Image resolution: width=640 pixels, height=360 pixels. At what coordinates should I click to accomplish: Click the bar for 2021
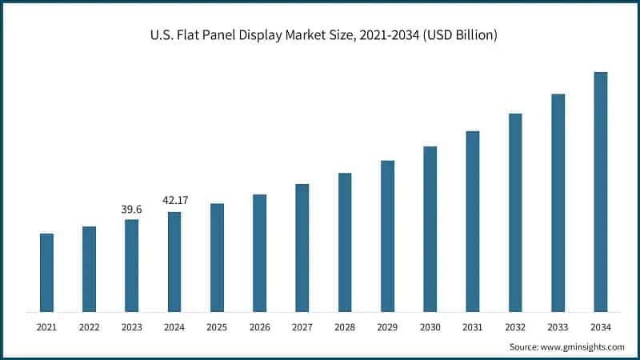click(x=46, y=273)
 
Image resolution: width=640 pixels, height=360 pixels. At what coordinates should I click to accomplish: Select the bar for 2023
click(x=131, y=266)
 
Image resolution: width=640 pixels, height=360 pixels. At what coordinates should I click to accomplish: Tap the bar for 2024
click(x=174, y=262)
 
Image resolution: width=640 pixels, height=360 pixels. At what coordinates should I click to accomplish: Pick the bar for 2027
click(x=302, y=248)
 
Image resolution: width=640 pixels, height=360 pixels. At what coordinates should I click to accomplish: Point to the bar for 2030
click(x=430, y=229)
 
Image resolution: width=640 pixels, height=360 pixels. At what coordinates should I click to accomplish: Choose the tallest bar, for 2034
click(x=600, y=192)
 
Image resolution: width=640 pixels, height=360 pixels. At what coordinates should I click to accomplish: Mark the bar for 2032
click(x=515, y=213)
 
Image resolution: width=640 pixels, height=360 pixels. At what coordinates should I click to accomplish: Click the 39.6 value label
click(x=131, y=209)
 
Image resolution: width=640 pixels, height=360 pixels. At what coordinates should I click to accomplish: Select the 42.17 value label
click(x=174, y=201)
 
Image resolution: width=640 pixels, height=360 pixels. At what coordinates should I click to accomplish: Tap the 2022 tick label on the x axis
click(x=89, y=327)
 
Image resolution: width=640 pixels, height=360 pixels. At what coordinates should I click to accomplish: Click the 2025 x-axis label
click(x=217, y=327)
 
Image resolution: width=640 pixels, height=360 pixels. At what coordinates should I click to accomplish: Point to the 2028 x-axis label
click(x=345, y=327)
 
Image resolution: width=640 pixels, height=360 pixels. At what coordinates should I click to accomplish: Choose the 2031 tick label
click(x=472, y=327)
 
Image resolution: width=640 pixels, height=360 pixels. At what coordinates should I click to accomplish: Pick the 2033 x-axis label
click(x=558, y=327)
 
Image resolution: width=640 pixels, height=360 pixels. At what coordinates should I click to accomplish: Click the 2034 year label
click(x=600, y=327)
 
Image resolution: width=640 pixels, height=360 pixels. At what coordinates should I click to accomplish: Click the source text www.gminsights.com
click(x=582, y=346)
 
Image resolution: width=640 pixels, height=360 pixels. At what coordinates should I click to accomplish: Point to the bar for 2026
click(x=259, y=253)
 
